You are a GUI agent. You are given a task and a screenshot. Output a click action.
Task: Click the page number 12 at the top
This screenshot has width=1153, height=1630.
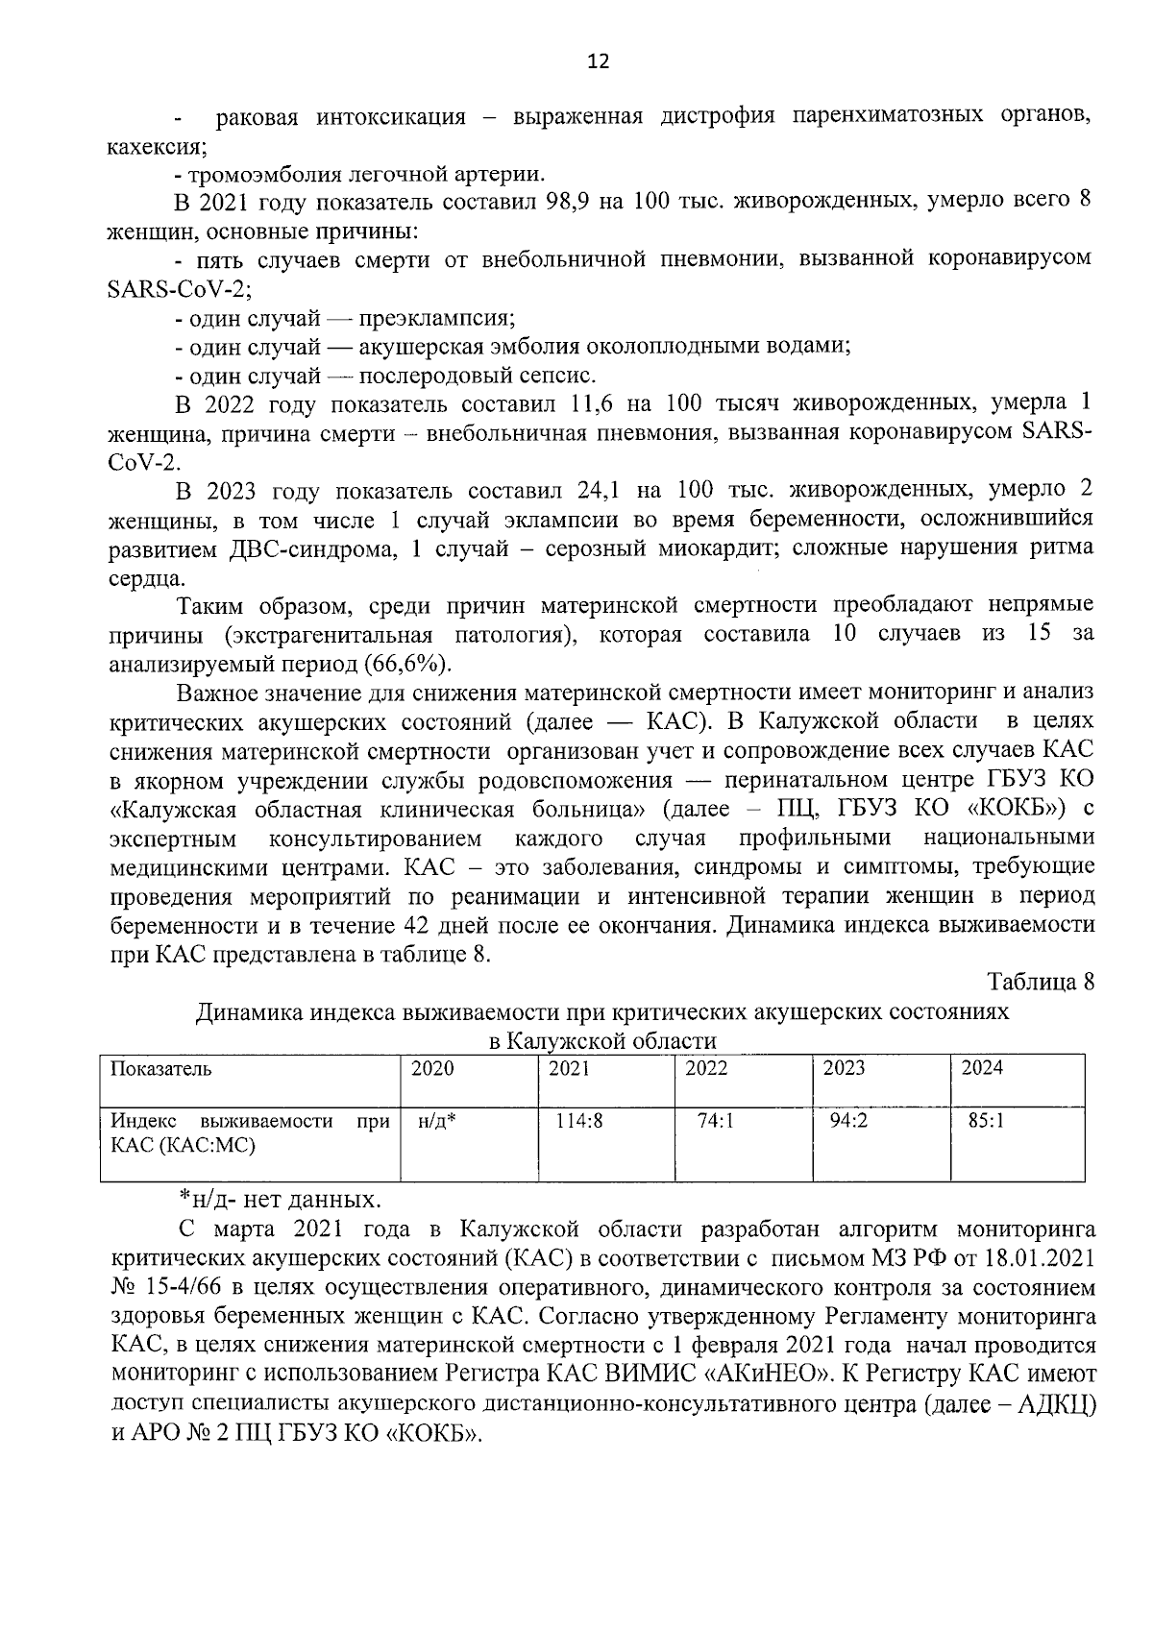click(x=598, y=62)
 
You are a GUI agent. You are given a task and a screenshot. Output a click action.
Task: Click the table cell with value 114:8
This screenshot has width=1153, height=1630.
click(x=579, y=1119)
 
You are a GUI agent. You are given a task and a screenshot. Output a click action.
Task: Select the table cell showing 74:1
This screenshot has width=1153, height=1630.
click(x=715, y=1119)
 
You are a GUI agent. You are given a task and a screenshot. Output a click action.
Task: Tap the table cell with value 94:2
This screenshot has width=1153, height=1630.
click(x=849, y=1119)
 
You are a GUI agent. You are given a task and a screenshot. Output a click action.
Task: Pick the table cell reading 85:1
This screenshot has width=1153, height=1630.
click(x=987, y=1119)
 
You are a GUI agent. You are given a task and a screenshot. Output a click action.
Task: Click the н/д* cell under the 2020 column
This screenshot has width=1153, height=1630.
click(x=437, y=1120)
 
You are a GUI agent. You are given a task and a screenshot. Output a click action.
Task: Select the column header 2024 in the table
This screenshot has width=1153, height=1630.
click(x=982, y=1068)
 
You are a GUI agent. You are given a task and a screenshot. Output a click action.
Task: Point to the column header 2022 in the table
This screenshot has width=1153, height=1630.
click(x=706, y=1068)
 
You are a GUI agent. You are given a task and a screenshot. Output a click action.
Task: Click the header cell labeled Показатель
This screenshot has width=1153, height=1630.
click(x=160, y=1068)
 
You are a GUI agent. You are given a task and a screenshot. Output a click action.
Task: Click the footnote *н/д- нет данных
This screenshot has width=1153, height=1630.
click(x=280, y=1200)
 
